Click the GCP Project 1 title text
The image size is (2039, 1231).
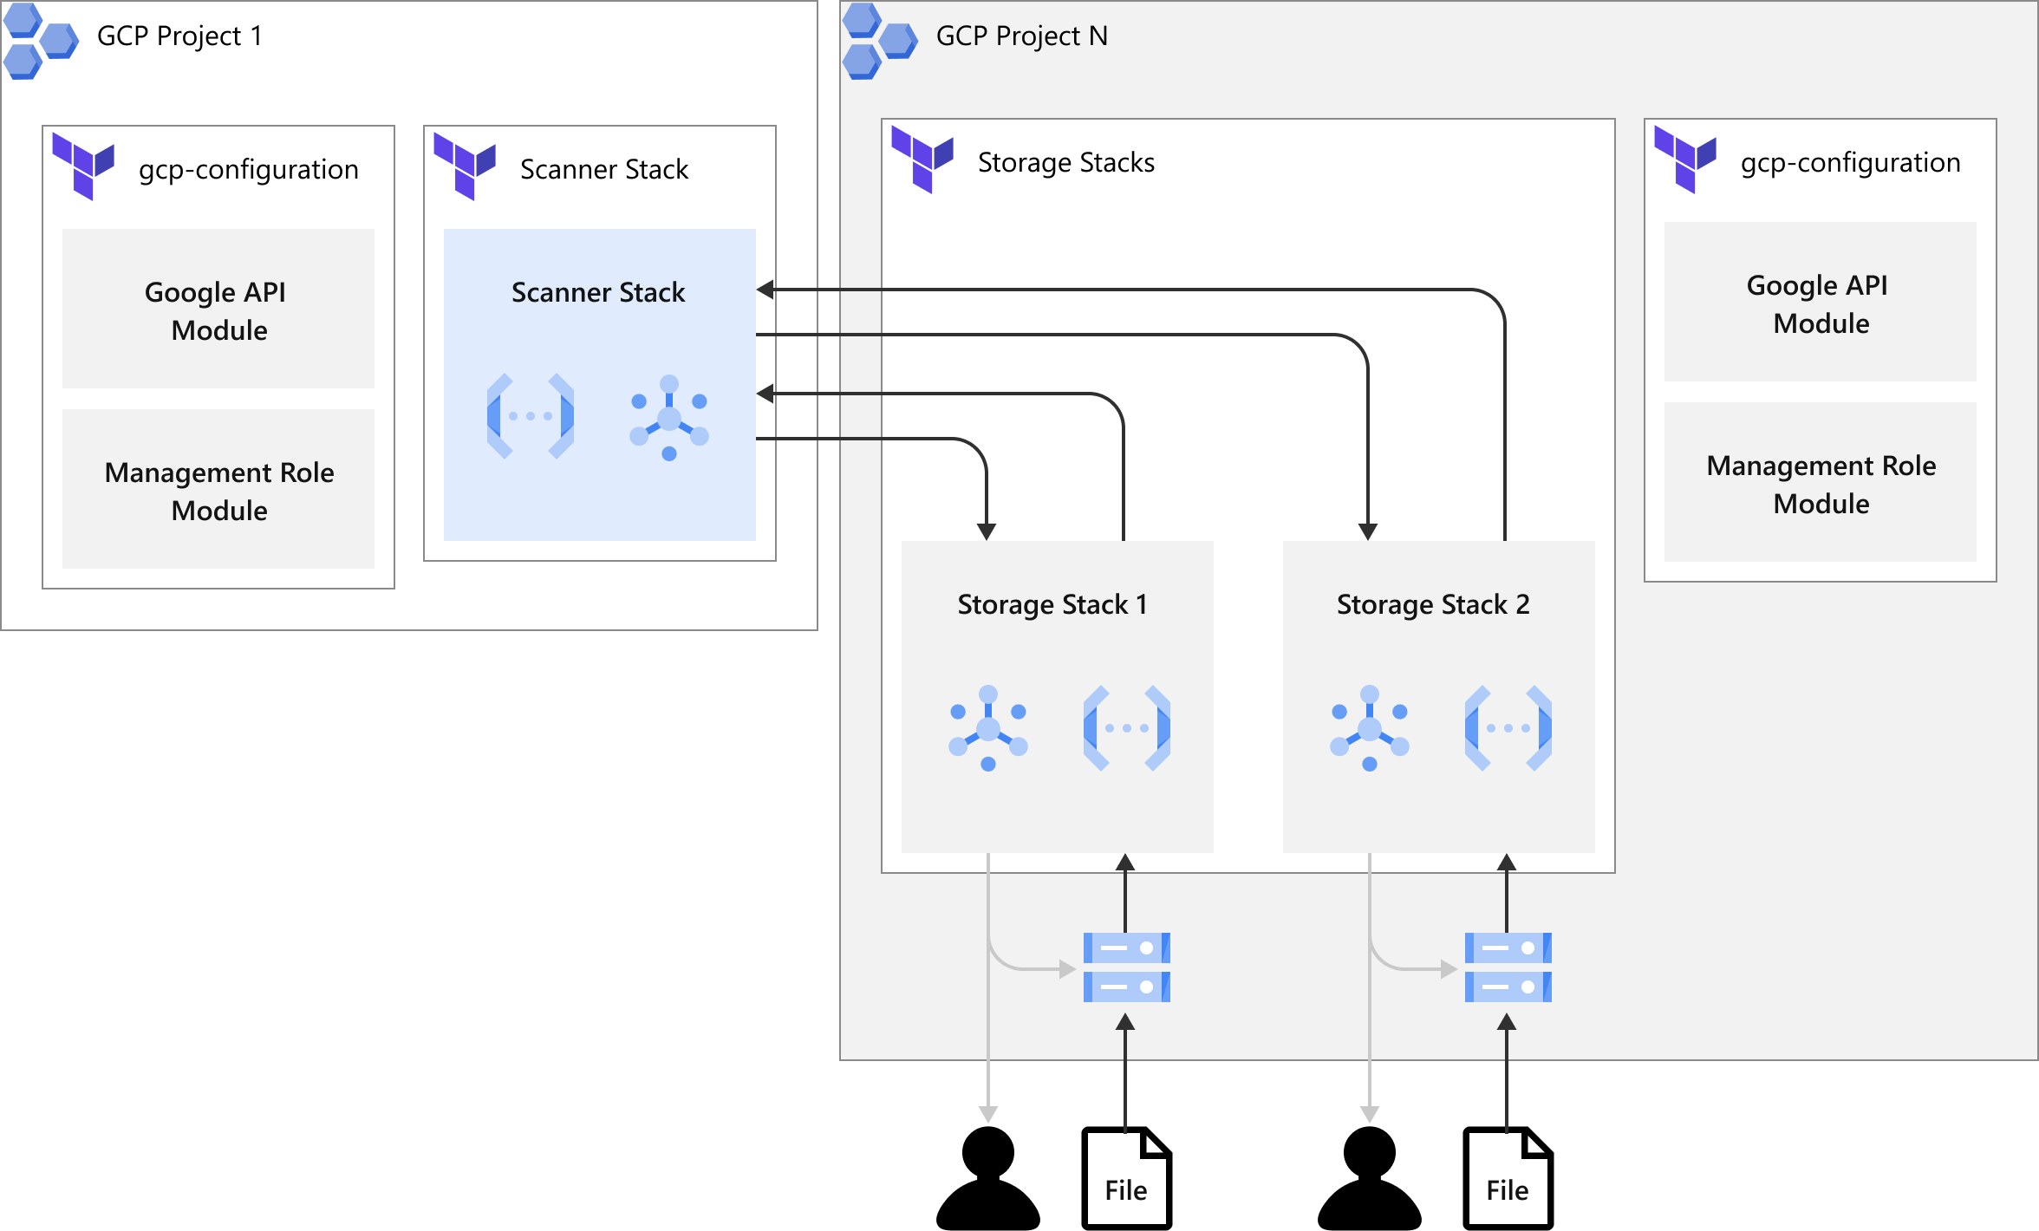pos(179,36)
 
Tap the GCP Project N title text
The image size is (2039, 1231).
pos(1021,36)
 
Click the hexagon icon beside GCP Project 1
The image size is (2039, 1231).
pos(40,41)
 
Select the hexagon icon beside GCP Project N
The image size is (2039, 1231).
pos(879,41)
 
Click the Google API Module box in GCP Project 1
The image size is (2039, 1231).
pos(218,309)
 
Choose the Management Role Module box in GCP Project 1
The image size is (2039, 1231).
pos(218,490)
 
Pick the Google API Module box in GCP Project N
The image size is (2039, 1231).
pos(1820,303)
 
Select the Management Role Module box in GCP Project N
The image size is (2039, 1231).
pos(1820,483)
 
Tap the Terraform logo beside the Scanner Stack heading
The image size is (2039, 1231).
pos(465,166)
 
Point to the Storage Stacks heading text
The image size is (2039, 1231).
pos(1065,163)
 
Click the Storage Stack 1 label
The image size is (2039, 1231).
pos(1052,604)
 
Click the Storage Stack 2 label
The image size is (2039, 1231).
pos(1432,604)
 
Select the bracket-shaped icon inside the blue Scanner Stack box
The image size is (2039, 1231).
pos(531,416)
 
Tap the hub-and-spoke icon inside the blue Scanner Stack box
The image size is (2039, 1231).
pos(669,417)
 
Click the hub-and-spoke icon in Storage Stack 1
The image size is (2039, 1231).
pos(988,728)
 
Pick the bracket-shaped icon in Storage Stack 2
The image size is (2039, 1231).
pos(1508,728)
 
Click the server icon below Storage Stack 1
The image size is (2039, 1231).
pos(1126,967)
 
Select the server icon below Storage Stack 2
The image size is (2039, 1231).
pos(1508,967)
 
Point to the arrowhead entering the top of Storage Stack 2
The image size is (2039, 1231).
pos(1368,531)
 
